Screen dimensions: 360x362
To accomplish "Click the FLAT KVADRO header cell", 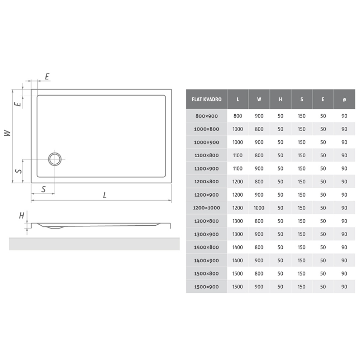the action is [x=207, y=99].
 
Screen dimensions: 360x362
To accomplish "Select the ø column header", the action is [x=344, y=99].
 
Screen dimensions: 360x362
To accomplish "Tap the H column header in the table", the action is [x=280, y=99].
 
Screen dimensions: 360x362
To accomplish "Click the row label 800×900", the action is [x=207, y=116].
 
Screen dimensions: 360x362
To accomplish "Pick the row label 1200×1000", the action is [x=207, y=208].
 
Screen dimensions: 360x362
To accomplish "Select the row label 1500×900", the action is [x=207, y=287].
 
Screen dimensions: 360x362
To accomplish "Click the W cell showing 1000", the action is [x=259, y=208].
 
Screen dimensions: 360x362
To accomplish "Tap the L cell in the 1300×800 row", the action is [x=238, y=221].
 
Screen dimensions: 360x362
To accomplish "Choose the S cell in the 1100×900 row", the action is [x=302, y=168].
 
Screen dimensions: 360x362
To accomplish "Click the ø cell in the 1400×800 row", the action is [x=344, y=247].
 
